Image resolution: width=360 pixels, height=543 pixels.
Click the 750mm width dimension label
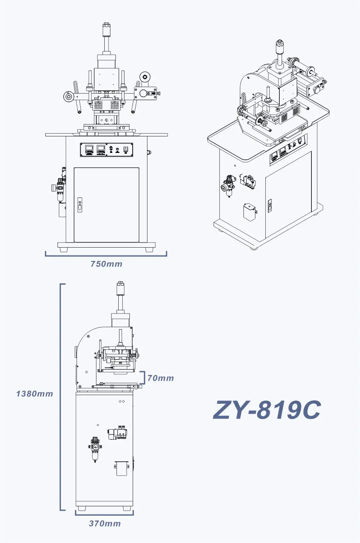pyautogui.click(x=106, y=264)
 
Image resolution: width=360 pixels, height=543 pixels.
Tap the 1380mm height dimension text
pyautogui.click(x=35, y=394)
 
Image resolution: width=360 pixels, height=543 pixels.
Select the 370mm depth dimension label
pyautogui.click(x=105, y=524)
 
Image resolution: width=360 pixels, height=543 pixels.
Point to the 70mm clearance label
pyautogui.click(x=160, y=378)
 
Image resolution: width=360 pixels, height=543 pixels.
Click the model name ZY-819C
pyautogui.click(x=267, y=410)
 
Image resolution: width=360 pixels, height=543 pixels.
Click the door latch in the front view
pyautogui.click(x=80, y=205)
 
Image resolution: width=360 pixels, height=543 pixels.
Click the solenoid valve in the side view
pyautogui.click(x=118, y=433)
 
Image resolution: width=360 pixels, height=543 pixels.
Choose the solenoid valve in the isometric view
pyautogui.click(x=248, y=181)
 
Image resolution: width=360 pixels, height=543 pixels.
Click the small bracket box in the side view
pyautogui.click(x=122, y=468)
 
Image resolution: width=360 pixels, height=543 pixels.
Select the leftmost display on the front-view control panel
pyautogui.click(x=89, y=149)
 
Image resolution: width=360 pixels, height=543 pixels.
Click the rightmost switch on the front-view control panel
pyautogui.click(x=126, y=149)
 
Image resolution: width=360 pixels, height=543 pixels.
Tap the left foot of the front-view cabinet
pyautogui.click(x=63, y=250)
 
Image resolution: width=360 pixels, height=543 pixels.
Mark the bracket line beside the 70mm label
pyautogui.click(x=143, y=378)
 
